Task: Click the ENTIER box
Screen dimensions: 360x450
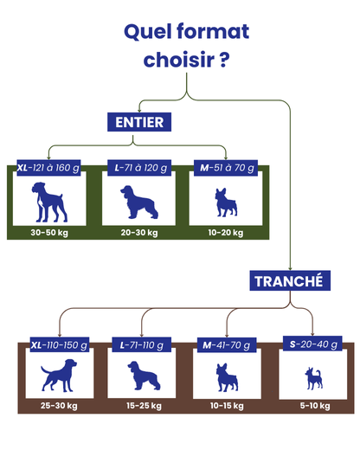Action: click(x=139, y=122)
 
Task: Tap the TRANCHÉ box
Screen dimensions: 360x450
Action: click(x=290, y=280)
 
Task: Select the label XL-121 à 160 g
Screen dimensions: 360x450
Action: click(x=48, y=168)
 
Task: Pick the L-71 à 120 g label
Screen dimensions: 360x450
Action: click(x=139, y=168)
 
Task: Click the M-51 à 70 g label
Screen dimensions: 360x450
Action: click(x=226, y=168)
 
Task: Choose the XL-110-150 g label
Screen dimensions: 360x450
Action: click(x=60, y=344)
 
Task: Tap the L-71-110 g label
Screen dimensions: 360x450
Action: click(x=142, y=344)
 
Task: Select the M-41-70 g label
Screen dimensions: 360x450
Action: click(x=227, y=344)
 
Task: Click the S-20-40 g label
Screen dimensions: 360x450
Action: click(x=312, y=344)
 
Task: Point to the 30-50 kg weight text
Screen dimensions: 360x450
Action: click(x=49, y=233)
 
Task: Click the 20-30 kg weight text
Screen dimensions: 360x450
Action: click(x=139, y=233)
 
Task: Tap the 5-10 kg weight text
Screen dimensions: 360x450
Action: click(x=315, y=406)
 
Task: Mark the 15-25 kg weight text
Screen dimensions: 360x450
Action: click(x=144, y=406)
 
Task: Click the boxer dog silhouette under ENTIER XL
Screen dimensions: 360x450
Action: click(x=49, y=202)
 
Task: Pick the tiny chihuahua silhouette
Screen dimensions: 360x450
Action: click(x=314, y=378)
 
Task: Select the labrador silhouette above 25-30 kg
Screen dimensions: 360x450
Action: click(x=59, y=376)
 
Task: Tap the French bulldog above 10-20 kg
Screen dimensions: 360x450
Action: click(x=226, y=202)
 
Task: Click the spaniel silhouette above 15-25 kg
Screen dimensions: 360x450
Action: click(x=144, y=376)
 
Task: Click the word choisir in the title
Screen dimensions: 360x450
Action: click(x=179, y=60)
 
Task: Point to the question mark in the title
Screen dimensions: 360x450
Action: click(x=224, y=60)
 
